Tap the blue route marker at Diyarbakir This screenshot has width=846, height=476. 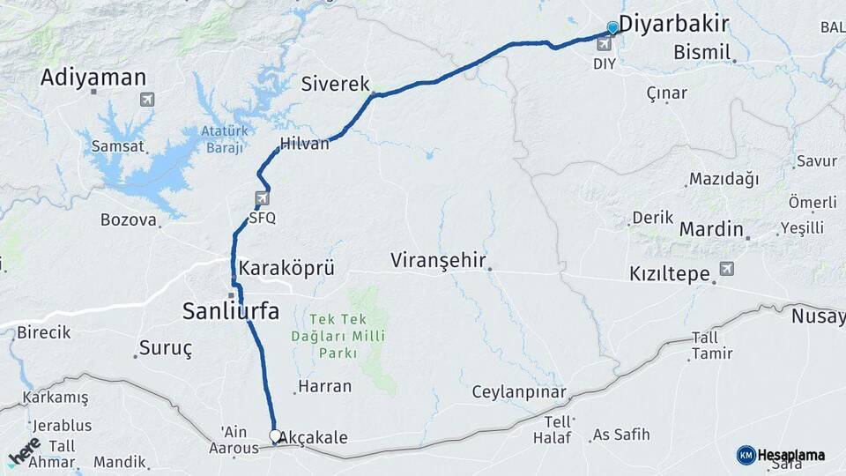click(612, 28)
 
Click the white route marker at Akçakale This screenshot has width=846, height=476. click(275, 435)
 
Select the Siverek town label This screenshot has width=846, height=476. click(335, 84)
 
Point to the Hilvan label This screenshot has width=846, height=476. click(304, 144)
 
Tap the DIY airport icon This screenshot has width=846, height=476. click(604, 44)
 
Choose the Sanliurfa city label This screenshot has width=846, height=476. click(230, 310)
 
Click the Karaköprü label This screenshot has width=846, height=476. click(286, 268)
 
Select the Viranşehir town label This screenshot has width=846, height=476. click(439, 260)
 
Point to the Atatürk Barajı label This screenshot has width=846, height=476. click(221, 139)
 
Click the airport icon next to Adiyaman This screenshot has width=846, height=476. click(146, 99)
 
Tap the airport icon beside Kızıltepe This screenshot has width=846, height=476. click(726, 268)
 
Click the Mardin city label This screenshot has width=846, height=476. click(711, 229)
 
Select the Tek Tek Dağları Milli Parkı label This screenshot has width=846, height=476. click(335, 335)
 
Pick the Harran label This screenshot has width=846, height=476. click(324, 386)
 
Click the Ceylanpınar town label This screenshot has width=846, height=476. click(518, 392)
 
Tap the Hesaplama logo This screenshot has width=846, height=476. click(781, 455)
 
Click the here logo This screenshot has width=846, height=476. click(24, 451)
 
